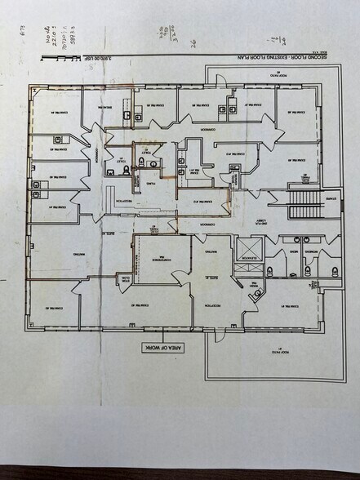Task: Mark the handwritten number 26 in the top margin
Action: (193, 42)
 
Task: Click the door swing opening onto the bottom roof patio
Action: (217, 333)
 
